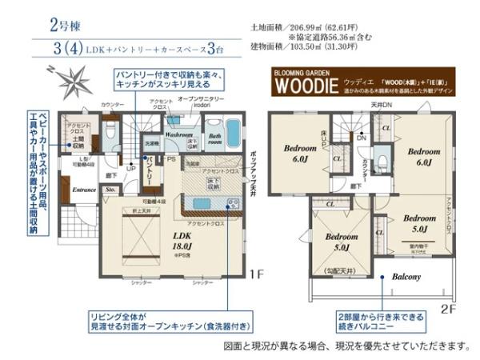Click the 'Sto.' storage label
111,190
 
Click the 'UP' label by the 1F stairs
130,169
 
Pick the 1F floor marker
254,274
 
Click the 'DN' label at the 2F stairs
362,138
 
